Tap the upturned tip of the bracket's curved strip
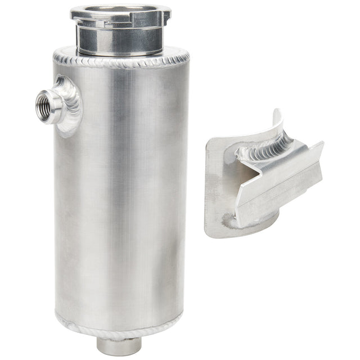pyautogui.click(x=277, y=112)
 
